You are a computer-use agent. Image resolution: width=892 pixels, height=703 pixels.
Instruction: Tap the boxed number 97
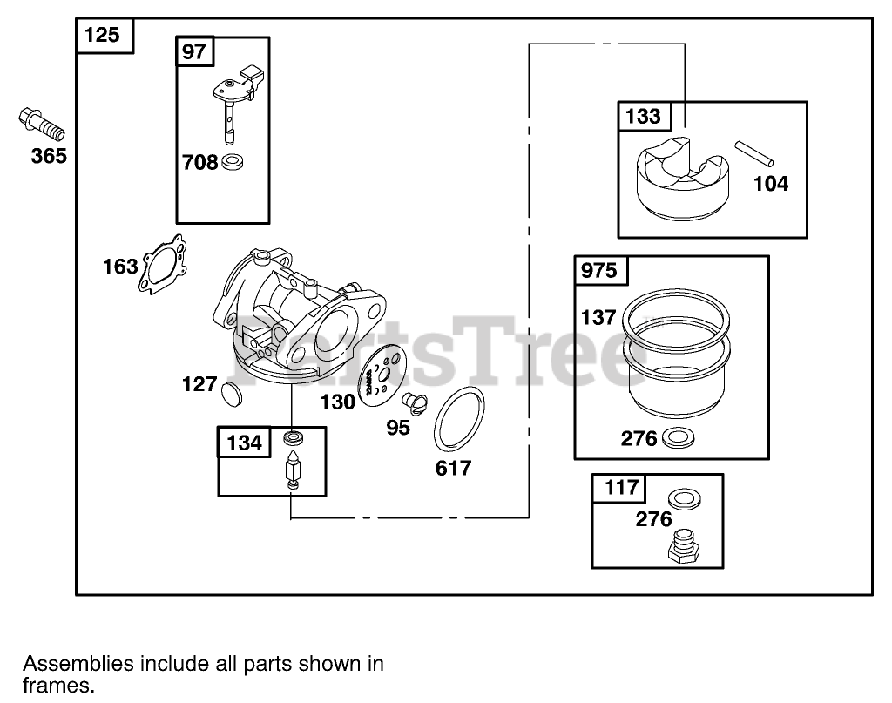point(193,51)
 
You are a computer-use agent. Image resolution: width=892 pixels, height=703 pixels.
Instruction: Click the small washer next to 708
point(233,161)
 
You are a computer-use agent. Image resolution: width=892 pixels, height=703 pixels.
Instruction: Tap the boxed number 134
point(244,443)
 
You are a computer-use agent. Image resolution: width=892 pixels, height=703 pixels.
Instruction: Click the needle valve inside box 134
point(293,469)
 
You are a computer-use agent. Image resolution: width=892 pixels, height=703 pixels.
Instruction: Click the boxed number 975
point(598,270)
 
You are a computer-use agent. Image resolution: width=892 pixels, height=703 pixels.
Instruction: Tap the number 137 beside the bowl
point(598,317)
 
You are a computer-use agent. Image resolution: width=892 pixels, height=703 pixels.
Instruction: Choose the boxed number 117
point(621,487)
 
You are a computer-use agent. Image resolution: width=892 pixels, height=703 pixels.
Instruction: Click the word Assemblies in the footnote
point(78,663)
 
